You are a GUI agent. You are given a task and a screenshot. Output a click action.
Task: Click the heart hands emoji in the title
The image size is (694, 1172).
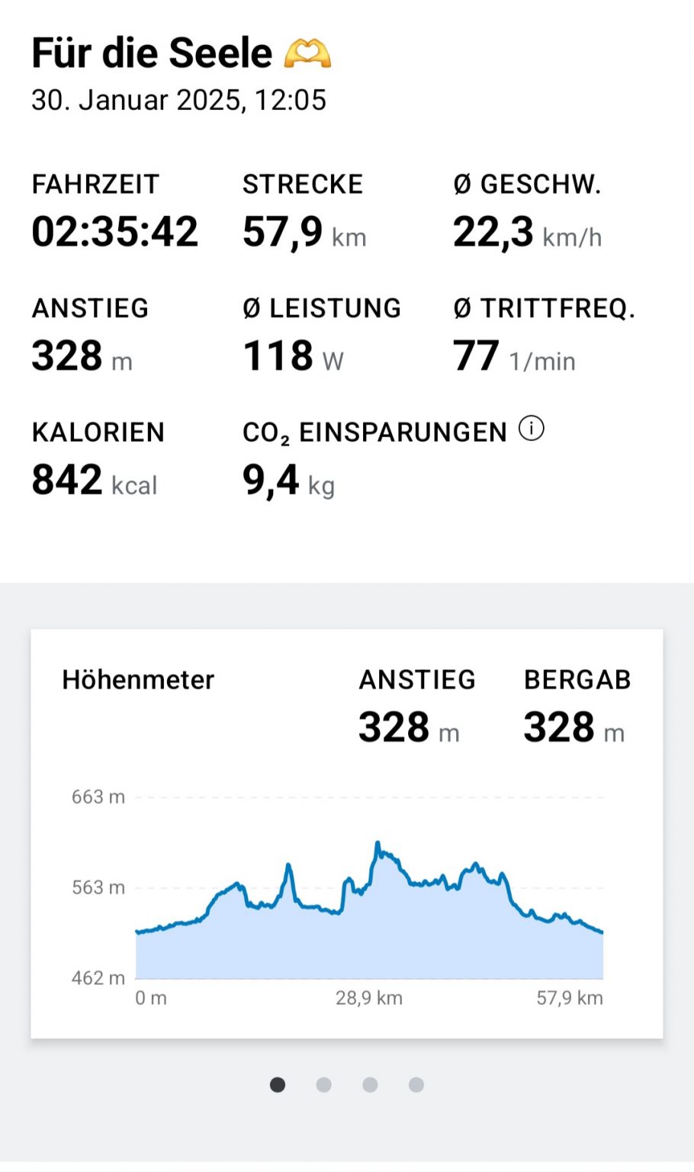pos(307,53)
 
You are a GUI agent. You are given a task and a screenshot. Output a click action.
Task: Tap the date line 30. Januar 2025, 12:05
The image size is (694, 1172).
pos(178,100)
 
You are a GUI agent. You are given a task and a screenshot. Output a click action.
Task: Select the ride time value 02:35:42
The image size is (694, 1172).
pos(114,231)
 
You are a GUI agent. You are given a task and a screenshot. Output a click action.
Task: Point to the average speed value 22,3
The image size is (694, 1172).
pos(493,232)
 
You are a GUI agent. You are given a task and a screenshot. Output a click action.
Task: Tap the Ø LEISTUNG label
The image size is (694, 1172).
pos(321,308)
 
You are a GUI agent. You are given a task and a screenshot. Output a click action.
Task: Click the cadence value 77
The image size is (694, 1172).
pos(476,356)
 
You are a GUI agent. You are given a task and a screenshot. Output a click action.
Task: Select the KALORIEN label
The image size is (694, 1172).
pos(98,432)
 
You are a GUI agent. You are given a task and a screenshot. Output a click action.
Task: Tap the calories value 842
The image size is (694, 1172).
pos(67,480)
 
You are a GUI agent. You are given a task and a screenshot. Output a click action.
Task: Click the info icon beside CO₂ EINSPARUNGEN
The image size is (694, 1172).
pos(532,429)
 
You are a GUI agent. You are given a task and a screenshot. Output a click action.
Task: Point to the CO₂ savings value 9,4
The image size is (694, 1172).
pos(271,480)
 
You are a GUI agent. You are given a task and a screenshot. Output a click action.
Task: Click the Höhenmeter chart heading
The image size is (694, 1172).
pos(138,680)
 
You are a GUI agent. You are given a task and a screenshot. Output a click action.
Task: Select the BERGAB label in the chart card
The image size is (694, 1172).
pos(577,680)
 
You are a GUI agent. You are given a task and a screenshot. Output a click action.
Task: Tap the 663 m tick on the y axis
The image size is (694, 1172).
pos(98,797)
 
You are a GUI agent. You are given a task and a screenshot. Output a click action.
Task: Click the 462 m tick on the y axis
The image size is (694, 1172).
pos(98,978)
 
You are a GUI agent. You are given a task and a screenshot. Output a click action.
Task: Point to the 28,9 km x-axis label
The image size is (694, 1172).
pos(369,998)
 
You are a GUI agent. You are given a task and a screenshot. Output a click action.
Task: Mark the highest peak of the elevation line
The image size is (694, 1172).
pos(377,843)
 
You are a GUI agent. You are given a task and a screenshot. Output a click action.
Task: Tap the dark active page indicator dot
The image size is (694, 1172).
pos(278,1084)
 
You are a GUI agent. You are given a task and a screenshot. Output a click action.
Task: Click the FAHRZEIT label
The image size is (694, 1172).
pos(95,184)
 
